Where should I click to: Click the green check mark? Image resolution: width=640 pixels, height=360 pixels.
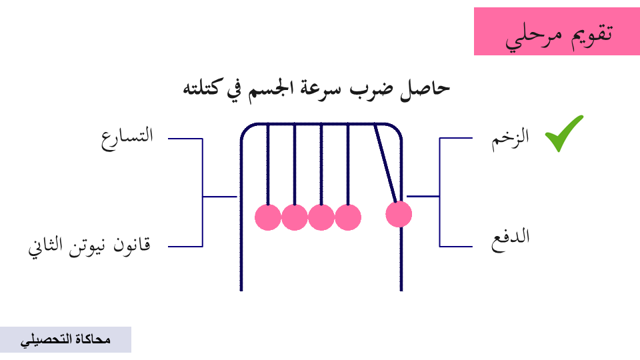[x=563, y=133]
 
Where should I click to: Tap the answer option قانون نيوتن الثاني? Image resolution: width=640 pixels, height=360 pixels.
[x=89, y=246]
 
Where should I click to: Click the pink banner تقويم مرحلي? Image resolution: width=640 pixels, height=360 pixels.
[x=557, y=31]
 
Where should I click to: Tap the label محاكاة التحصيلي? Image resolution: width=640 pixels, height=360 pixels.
[x=65, y=340]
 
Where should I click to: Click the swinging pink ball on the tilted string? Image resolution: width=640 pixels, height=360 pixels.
[x=399, y=215]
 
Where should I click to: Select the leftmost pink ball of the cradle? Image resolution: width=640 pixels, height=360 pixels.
[x=268, y=217]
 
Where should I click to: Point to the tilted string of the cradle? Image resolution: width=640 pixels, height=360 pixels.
[x=386, y=163]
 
